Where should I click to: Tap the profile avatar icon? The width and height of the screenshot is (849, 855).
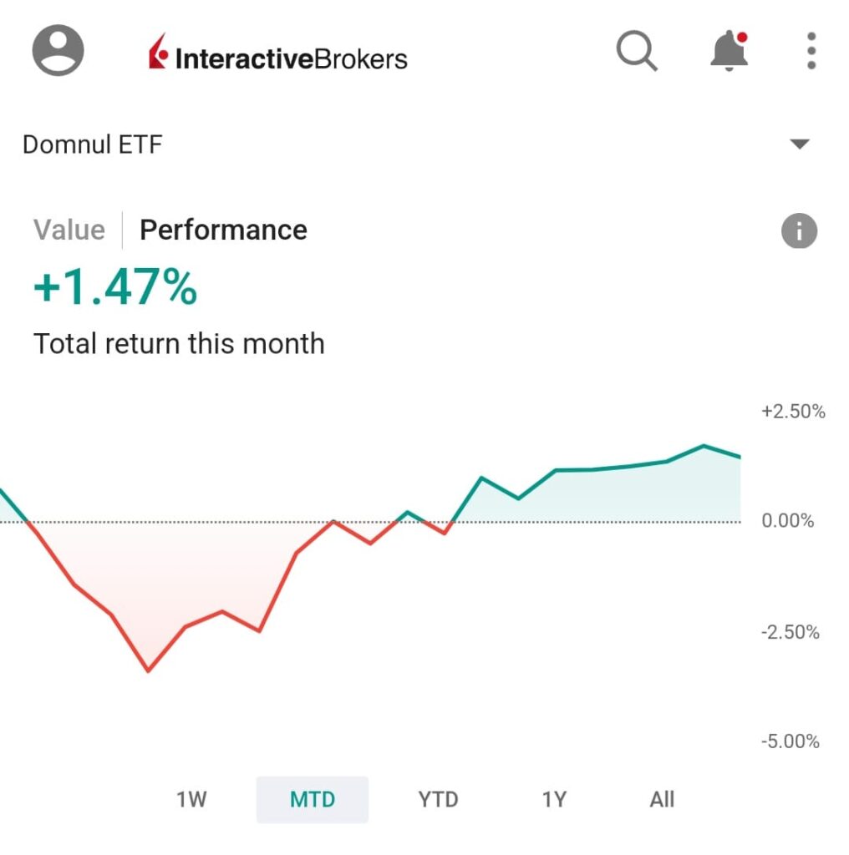pyautogui.click(x=58, y=50)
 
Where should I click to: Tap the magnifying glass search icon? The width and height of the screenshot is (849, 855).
pyautogui.click(x=637, y=52)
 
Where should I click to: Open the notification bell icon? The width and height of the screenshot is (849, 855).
pyautogui.click(x=728, y=52)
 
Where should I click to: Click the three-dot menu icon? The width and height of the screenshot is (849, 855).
pyautogui.click(x=811, y=52)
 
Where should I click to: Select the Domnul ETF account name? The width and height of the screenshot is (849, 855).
pyautogui.click(x=92, y=145)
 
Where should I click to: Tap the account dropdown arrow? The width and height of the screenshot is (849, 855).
pyautogui.click(x=800, y=144)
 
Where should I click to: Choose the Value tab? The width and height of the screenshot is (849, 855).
pyautogui.click(x=69, y=230)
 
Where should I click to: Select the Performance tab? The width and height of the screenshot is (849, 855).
pyautogui.click(x=223, y=230)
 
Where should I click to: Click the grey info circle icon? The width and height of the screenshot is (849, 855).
pyautogui.click(x=799, y=231)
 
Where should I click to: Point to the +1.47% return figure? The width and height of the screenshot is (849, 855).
pyautogui.click(x=115, y=289)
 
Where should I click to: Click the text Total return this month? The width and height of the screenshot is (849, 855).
pyautogui.click(x=179, y=343)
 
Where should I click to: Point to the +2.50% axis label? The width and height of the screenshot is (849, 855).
pyautogui.click(x=793, y=412)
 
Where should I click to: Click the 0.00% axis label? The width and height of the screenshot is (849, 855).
pyautogui.click(x=788, y=521)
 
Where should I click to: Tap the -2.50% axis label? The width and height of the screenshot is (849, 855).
pyautogui.click(x=791, y=632)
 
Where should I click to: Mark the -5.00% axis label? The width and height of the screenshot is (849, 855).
pyautogui.click(x=791, y=741)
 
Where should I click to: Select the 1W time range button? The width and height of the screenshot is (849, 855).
pyautogui.click(x=191, y=799)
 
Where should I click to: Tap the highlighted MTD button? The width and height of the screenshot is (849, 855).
pyautogui.click(x=313, y=799)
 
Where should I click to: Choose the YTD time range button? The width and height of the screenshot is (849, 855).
pyautogui.click(x=438, y=799)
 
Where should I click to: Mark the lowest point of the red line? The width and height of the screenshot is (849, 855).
pyautogui.click(x=149, y=670)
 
